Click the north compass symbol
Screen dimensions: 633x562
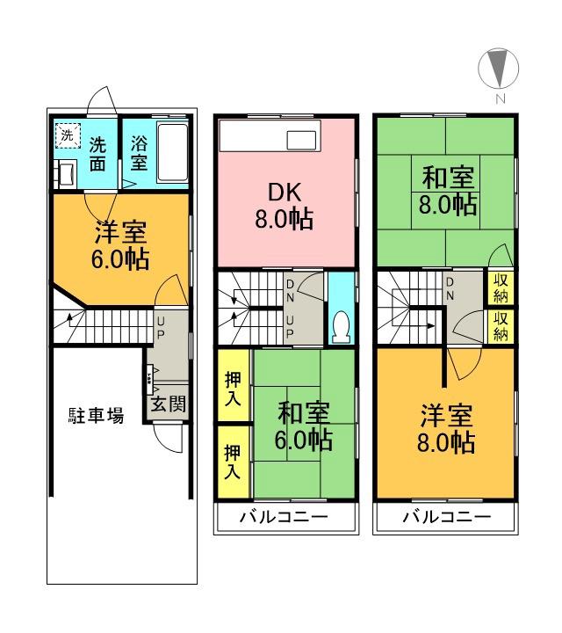[498, 68]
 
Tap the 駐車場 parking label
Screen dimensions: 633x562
[96, 416]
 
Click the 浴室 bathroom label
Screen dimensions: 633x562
[138, 153]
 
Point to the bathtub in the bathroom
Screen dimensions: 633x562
[172, 153]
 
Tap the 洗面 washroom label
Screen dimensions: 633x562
[98, 154]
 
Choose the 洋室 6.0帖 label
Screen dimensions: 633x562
[120, 247]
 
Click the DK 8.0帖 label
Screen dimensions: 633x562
[285, 205]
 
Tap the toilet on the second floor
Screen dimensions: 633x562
[341, 326]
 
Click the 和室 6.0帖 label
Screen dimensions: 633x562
[305, 426]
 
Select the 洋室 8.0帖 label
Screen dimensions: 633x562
[447, 428]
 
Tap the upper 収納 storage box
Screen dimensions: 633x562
[500, 287]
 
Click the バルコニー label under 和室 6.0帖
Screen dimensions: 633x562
[285, 517]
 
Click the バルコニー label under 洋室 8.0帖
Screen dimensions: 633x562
[446, 517]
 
